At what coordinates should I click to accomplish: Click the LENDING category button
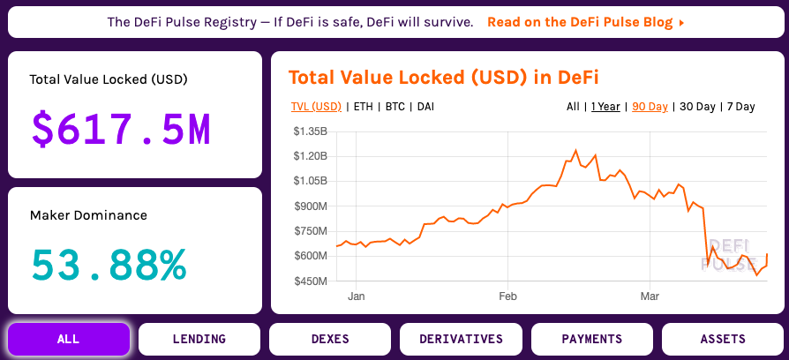click(x=199, y=339)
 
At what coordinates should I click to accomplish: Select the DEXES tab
click(x=330, y=339)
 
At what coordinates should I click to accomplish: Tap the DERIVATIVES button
click(x=461, y=339)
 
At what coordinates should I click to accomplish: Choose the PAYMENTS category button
click(x=591, y=339)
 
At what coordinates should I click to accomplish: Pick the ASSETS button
click(x=723, y=339)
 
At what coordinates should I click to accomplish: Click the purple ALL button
click(x=69, y=339)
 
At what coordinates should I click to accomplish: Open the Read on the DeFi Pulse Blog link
click(x=586, y=23)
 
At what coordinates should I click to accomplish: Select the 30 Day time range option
click(x=697, y=107)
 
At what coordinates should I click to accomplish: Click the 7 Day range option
click(x=740, y=107)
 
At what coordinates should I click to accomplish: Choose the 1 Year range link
click(x=605, y=107)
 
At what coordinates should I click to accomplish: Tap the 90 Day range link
click(x=650, y=107)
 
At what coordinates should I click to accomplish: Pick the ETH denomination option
click(x=364, y=107)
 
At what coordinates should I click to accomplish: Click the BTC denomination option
click(x=395, y=107)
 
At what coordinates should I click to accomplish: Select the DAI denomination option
click(x=425, y=107)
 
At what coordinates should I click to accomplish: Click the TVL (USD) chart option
click(x=316, y=107)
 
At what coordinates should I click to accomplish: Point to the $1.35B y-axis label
click(x=310, y=131)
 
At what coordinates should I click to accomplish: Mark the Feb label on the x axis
click(x=507, y=296)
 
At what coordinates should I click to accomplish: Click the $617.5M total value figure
click(x=121, y=129)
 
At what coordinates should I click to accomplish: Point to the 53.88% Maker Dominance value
click(x=109, y=264)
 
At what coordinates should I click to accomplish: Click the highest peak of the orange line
click(x=575, y=150)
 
